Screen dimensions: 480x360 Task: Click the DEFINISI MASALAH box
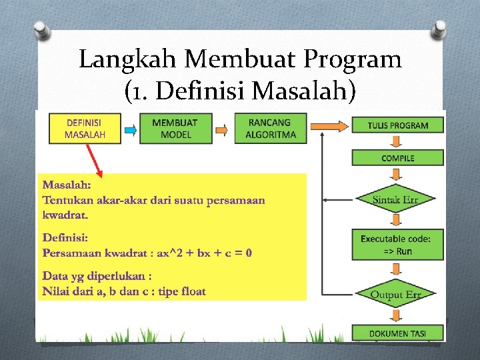tap(84, 128)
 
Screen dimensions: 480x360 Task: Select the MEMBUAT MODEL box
tap(175, 128)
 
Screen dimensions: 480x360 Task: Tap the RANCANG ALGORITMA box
tap(270, 128)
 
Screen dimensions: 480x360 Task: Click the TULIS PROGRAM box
tap(398, 125)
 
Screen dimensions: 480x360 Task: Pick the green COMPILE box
tap(398, 158)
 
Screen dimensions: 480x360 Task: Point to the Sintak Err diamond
tap(395, 199)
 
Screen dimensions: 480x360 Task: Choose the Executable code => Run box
tap(398, 245)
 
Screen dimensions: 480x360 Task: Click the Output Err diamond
tap(396, 295)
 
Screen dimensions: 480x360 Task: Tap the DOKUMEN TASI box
tap(398, 333)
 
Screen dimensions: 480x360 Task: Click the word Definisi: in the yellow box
tap(65, 237)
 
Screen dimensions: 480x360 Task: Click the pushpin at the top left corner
tap(41, 30)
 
